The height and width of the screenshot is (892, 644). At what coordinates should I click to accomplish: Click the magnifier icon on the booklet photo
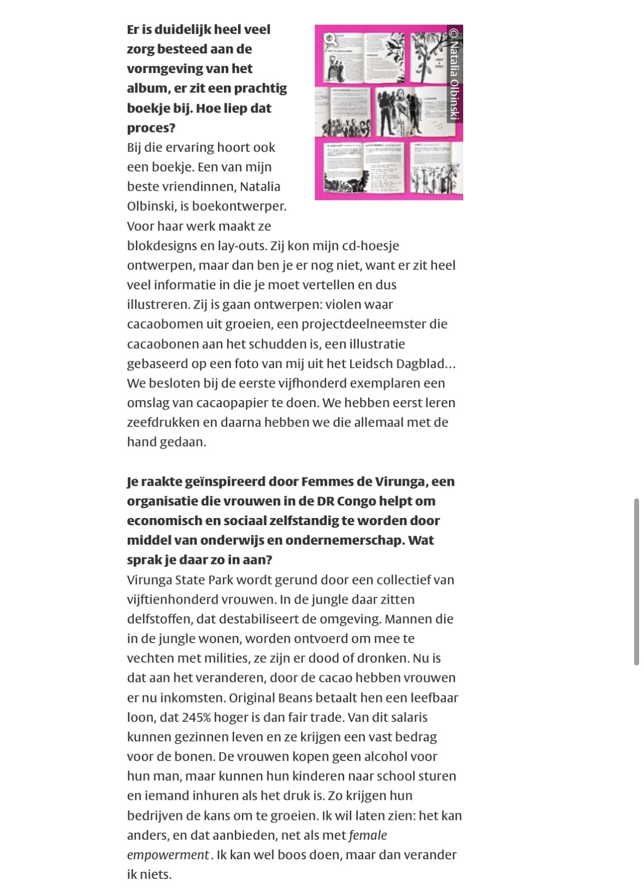click(x=330, y=39)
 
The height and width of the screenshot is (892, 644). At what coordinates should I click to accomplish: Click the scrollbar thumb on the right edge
click(x=636, y=581)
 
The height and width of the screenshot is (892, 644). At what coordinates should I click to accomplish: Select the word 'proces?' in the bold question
click(x=151, y=128)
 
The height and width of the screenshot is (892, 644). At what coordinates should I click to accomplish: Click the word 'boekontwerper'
click(x=241, y=206)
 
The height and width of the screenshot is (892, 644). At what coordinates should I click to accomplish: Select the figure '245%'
click(x=197, y=717)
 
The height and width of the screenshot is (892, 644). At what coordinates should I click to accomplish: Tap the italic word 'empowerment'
click(x=168, y=855)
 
